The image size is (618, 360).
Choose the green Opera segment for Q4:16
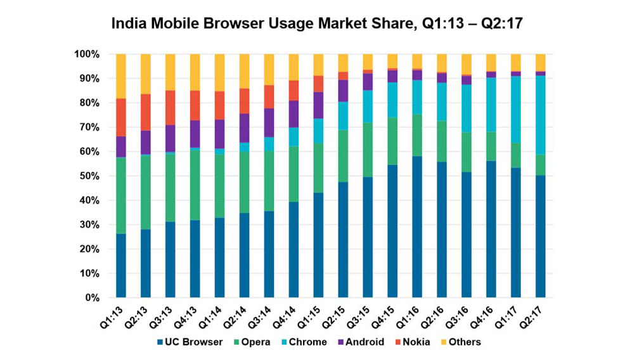tap(491, 146)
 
